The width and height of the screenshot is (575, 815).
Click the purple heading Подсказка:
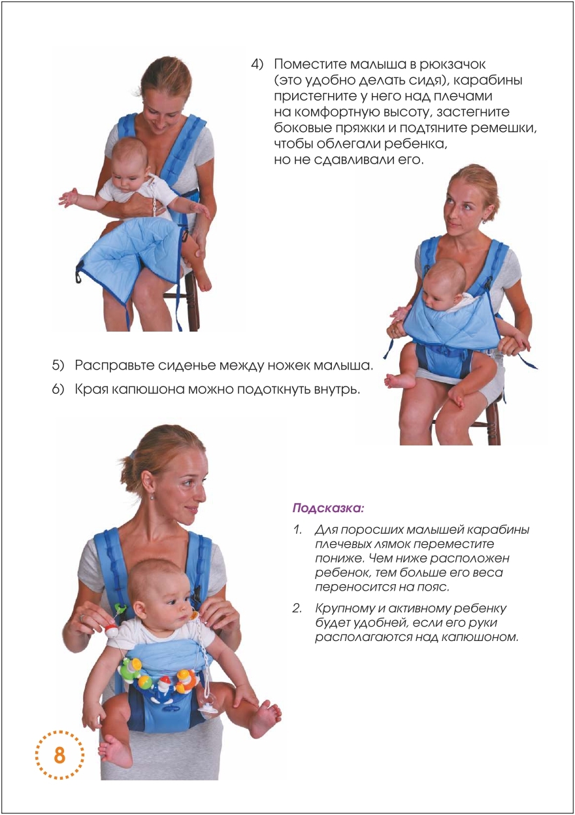pyautogui.click(x=328, y=508)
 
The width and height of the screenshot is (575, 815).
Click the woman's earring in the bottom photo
pyautogui.click(x=152, y=496)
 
